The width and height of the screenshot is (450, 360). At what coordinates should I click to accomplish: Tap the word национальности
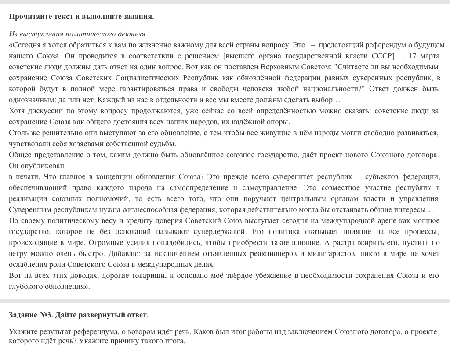coord(337,89)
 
